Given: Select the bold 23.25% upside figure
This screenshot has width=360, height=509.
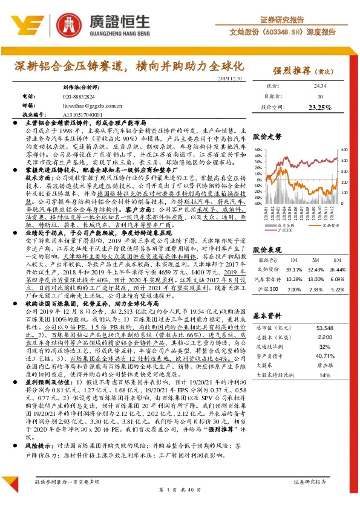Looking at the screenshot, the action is pyautogui.click(x=319, y=107).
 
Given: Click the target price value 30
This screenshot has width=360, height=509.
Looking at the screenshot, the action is pyautogui.click(x=319, y=97).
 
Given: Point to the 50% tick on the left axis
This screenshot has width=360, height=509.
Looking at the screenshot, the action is pyautogui.click(x=258, y=149).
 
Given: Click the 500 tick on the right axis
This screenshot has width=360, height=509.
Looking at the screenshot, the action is pyautogui.click(x=344, y=149).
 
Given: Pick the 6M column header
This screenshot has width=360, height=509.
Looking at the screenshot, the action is pyautogui.click(x=336, y=260).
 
